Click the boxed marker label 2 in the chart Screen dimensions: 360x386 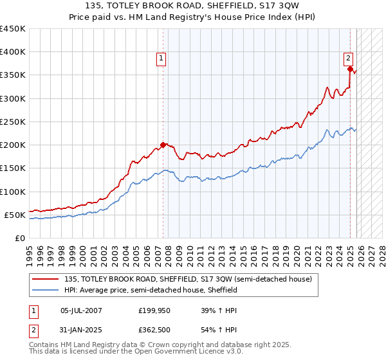[348, 57]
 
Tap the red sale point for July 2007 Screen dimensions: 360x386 [163, 145]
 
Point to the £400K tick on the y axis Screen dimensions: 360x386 [13, 52]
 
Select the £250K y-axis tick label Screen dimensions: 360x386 [13, 122]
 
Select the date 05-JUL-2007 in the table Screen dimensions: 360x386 [81, 310]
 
